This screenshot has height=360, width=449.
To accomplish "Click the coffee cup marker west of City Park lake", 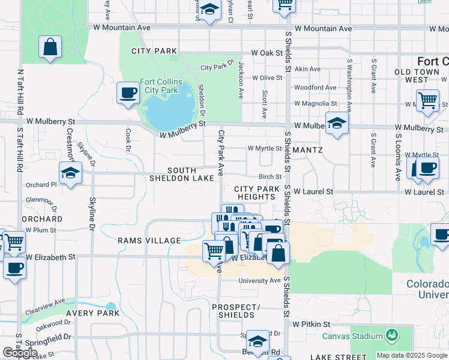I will coord(127,93).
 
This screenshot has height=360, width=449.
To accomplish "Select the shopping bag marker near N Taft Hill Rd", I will coord(50,47).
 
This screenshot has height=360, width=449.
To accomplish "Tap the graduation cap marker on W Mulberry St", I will coord(337,124).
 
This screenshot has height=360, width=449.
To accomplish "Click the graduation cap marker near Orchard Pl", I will coord(71,173).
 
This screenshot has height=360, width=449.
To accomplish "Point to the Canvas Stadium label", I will coord(353,335).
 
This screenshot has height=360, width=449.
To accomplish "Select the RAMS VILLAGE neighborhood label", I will coord(149,241).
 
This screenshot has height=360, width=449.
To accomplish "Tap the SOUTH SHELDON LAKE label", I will coord(190,175).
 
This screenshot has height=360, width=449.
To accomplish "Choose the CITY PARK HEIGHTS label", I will coord(257,193).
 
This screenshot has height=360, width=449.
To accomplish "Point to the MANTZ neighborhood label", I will coord(309,149).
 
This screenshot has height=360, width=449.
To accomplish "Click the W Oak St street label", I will coord(267,53).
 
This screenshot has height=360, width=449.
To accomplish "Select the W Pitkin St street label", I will coord(312,323).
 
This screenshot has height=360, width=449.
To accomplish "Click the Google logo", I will coord(20,353).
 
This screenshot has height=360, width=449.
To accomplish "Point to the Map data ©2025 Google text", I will coord(412,355).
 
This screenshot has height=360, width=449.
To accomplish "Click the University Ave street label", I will coord(259,280).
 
